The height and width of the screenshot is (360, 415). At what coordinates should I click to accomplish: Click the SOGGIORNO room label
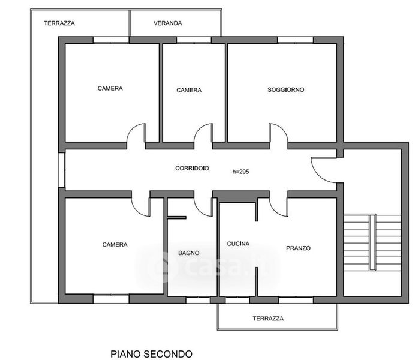pos(285,89)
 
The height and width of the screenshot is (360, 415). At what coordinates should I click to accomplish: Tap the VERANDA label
pos(168,23)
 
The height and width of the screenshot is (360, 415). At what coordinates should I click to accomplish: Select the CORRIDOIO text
pos(192,169)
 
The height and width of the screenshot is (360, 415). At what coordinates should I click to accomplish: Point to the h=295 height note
pos(240,172)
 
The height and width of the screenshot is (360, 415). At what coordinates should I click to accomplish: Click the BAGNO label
pos(188,253)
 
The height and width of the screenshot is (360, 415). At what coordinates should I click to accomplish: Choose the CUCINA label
pos(237,244)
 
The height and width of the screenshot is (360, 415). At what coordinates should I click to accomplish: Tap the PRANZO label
pos(298,248)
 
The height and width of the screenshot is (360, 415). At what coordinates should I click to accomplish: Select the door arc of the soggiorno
pos(278,134)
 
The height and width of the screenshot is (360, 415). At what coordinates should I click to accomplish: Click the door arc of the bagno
pos(204,205)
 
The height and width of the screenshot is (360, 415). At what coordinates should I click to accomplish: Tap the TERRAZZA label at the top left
pos(59,23)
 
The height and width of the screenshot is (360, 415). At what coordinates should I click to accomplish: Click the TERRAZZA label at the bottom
pos(267,319)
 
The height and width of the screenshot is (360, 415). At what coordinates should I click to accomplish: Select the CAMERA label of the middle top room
pos(189,90)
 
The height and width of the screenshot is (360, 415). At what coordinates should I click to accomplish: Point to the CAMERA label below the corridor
pos(115,244)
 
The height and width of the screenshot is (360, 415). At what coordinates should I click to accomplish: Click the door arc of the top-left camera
pos(136,134)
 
